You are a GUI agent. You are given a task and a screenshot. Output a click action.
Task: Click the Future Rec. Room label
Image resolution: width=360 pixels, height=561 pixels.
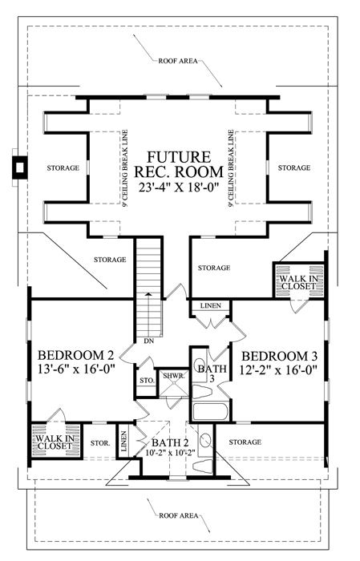point(178,164)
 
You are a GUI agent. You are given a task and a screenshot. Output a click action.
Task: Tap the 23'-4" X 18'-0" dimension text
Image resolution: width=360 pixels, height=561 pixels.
point(178,188)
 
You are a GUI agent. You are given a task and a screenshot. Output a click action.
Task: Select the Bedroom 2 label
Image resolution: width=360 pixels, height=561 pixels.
point(75,355)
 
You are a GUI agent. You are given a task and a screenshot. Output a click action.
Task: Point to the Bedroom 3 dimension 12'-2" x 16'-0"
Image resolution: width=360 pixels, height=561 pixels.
point(279,369)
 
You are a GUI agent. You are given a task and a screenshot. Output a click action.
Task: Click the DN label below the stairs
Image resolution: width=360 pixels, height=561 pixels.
point(149,341)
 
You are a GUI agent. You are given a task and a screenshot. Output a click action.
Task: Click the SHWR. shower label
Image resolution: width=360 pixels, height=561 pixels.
point(173,376)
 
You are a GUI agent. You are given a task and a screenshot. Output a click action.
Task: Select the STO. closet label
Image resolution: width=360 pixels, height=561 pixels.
point(147,381)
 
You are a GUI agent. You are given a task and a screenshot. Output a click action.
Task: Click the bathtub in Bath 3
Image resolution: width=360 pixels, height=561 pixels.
point(210,412)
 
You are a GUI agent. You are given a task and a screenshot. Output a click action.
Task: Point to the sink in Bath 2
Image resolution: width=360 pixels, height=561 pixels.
point(205,440)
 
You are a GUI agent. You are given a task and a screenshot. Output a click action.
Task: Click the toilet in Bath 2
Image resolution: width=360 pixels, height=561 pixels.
point(203,466)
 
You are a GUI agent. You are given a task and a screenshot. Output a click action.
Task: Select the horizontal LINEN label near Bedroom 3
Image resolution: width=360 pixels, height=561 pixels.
point(210,306)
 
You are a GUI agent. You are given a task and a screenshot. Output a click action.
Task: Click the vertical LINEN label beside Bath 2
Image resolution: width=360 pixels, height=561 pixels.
point(123,441)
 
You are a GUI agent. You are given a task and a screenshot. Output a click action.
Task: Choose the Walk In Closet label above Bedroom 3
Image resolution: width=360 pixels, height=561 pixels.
point(298,282)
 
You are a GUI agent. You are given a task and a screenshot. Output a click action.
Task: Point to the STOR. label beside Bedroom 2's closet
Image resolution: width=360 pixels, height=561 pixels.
point(100,443)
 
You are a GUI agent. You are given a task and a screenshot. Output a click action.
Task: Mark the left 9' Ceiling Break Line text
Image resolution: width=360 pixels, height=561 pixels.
point(125,168)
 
